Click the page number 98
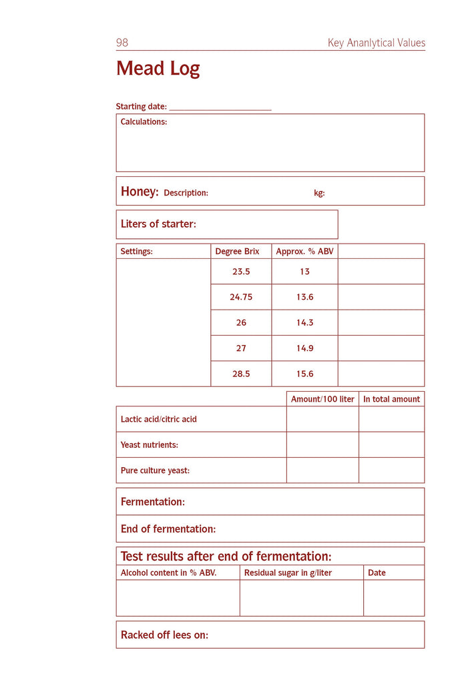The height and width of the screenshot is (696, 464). [122, 43]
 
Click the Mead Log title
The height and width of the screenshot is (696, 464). [158, 69]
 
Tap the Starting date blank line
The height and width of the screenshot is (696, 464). [220, 107]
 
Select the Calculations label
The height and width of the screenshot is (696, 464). [144, 122]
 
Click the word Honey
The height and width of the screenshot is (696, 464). [139, 192]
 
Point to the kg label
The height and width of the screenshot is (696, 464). [319, 193]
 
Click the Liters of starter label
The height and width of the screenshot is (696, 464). [158, 224]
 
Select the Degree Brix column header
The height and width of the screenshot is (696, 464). [237, 252]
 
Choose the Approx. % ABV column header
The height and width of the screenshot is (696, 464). [304, 252]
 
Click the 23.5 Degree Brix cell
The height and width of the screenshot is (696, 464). [241, 272]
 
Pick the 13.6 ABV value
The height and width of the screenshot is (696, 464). [304, 297]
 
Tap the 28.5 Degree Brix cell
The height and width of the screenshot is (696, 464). [241, 374]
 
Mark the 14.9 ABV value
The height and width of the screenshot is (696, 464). [304, 348]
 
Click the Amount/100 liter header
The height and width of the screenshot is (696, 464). [322, 399]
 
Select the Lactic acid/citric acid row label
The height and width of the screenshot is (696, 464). [158, 419]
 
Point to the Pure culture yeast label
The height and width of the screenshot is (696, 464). [155, 470]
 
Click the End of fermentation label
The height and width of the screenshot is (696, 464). [168, 529]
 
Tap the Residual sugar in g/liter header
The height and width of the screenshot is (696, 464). [288, 573]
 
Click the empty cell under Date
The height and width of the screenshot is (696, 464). [394, 598]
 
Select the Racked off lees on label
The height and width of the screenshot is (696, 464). [164, 635]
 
